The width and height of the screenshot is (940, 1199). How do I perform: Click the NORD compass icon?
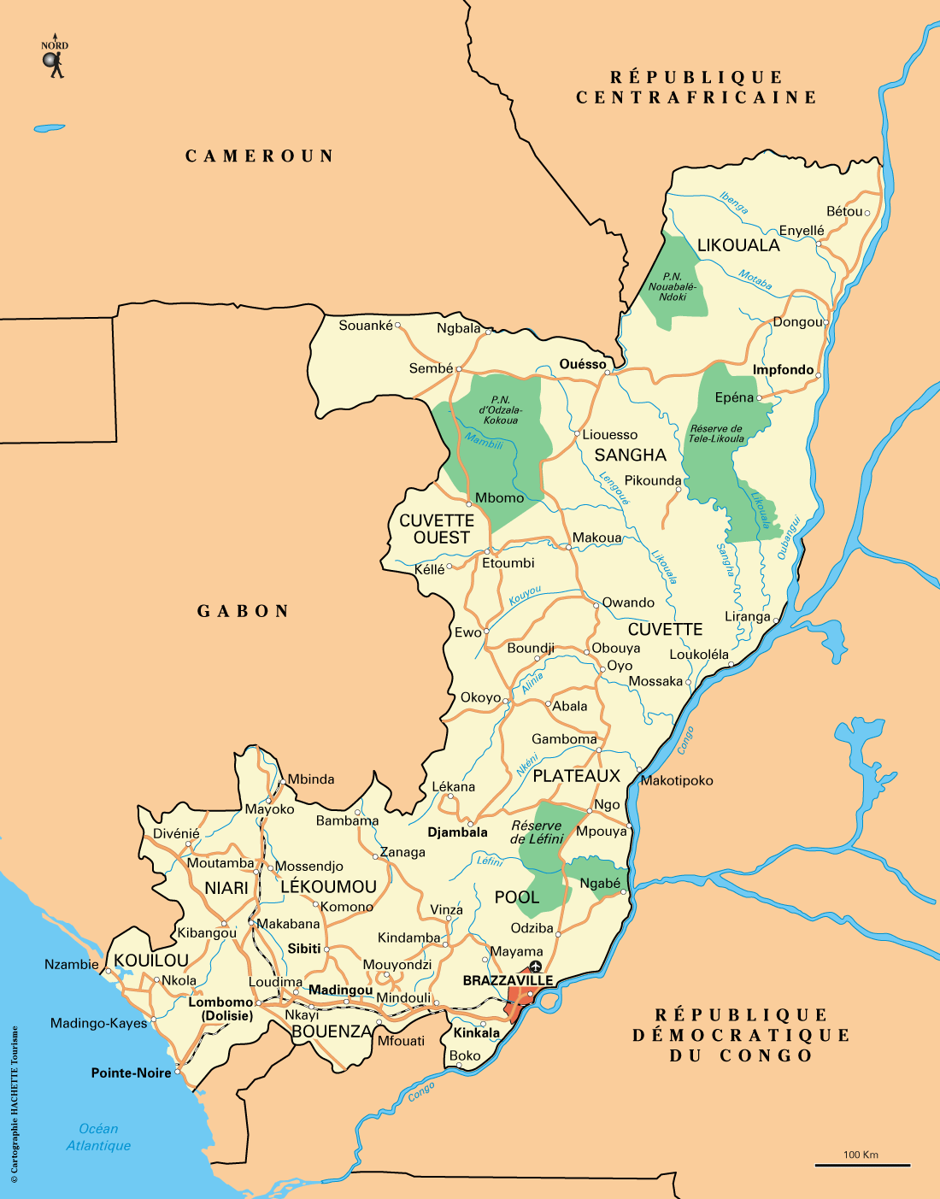coord(55,60)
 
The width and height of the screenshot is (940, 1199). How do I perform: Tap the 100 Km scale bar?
coord(861,1163)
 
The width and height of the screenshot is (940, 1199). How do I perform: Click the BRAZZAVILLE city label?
coord(508,980)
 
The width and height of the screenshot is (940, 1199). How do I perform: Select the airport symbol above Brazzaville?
coord(536,967)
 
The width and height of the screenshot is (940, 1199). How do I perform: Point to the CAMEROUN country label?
coord(260,156)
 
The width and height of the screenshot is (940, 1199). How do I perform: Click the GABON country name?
coord(244,611)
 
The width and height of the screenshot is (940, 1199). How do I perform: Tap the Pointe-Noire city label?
coord(131,1073)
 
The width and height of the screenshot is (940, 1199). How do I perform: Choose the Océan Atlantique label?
coord(98,1137)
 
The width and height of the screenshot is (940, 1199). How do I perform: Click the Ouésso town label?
coord(583,364)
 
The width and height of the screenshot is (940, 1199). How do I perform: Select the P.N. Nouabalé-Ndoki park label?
coord(673,286)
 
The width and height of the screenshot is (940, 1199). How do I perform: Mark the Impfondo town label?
coord(783,370)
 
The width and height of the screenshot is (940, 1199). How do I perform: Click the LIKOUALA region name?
coord(738,245)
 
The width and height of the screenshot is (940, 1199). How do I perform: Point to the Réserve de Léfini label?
coord(537,832)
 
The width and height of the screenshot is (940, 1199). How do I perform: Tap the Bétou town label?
coord(844,211)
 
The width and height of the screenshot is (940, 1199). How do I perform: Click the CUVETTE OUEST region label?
coord(437,529)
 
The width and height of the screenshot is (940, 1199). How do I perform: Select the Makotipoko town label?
coord(677,780)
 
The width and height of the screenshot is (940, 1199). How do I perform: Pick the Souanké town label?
coord(366,326)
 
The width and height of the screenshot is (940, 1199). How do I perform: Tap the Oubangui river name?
coord(788,538)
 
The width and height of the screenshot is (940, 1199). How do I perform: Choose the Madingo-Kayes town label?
coord(98,1023)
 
